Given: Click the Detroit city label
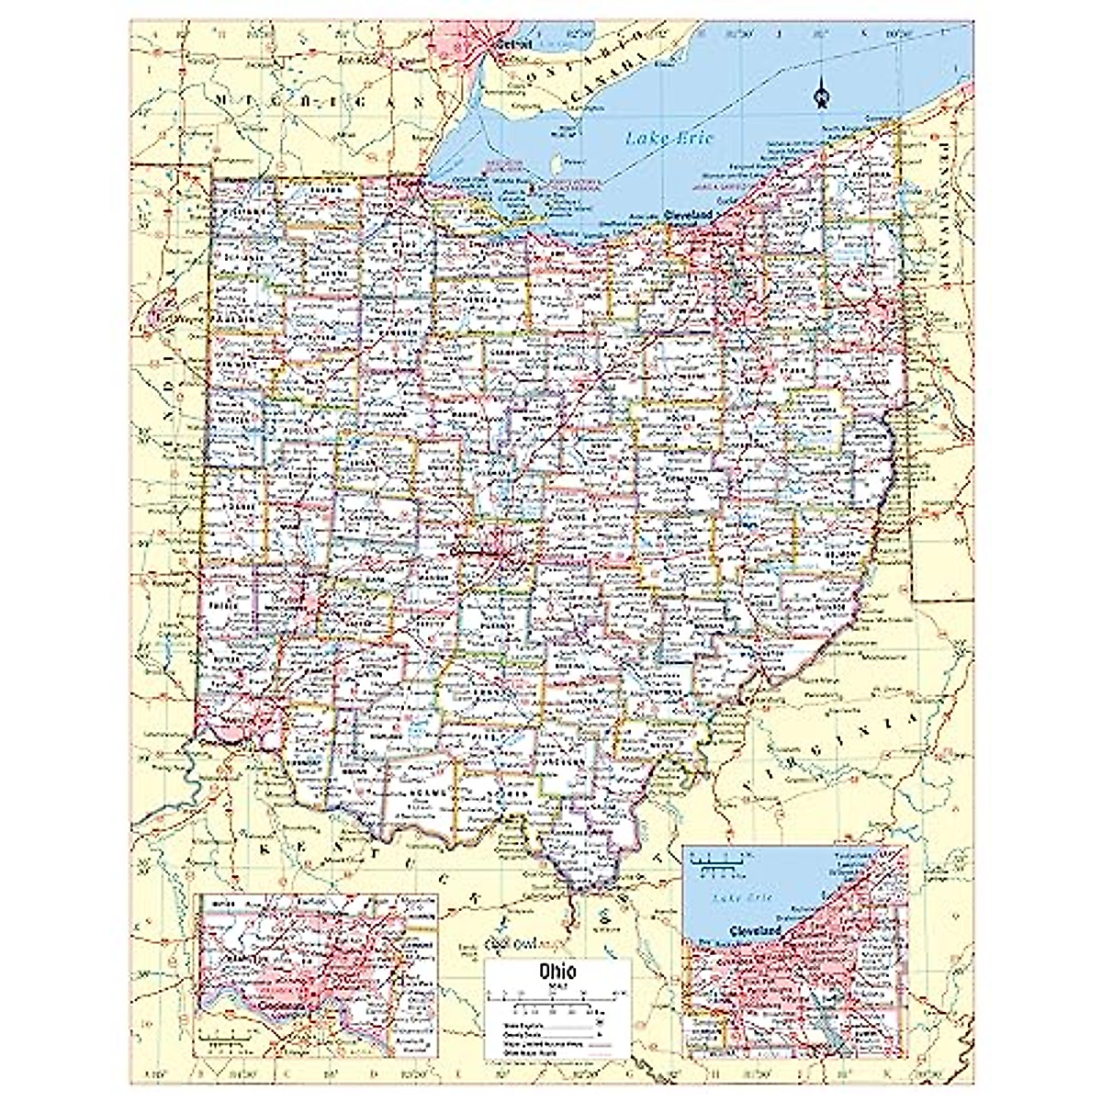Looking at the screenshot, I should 507,43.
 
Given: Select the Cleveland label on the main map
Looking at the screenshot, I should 689,214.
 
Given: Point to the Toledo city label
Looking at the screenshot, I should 405,183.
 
